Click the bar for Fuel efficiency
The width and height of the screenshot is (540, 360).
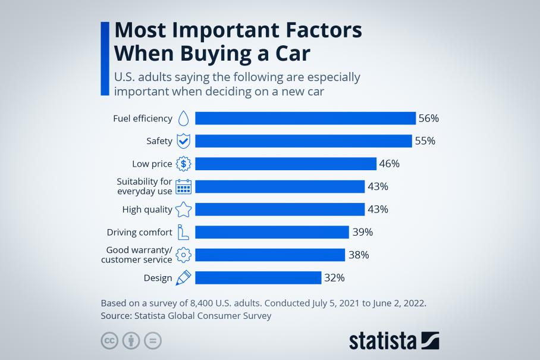coord(305,118)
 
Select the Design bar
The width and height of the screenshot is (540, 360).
coord(258,277)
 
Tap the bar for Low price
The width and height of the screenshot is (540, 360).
coord(285,164)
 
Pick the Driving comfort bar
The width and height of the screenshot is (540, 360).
coord(272,232)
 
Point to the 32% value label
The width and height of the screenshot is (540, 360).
coord(335,277)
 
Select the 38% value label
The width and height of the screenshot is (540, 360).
coord(359,255)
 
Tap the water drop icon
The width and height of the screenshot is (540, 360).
coord(184,118)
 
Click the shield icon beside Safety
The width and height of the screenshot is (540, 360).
coord(184,141)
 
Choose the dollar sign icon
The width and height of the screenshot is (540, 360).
coord(184,164)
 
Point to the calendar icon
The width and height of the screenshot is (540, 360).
coord(184,186)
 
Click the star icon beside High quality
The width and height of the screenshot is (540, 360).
coord(184,209)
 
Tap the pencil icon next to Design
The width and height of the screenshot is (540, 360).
coord(184,277)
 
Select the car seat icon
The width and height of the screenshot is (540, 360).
coord(184,232)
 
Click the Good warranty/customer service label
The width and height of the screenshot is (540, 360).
coord(137,255)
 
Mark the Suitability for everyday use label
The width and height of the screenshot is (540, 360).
coord(145,186)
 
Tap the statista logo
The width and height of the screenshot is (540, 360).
coord(394,341)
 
